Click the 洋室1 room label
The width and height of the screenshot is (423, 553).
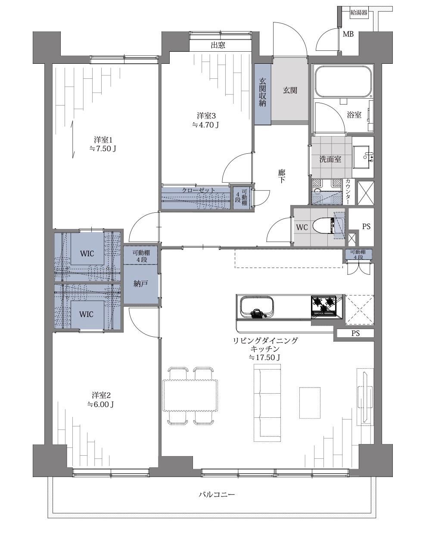click(103, 140)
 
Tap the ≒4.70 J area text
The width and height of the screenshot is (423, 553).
click(205, 125)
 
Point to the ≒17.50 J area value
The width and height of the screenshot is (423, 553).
click(264, 357)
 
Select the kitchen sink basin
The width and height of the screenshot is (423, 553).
click(256, 307)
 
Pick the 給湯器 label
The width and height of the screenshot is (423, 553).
click(359, 12)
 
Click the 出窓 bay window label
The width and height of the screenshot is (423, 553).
click(218, 45)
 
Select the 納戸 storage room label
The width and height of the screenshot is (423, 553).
click(140, 284)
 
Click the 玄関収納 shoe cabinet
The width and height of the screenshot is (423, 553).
click(262, 94)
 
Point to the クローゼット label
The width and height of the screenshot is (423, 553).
click(199, 190)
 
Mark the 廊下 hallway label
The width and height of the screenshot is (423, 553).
click(282, 176)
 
